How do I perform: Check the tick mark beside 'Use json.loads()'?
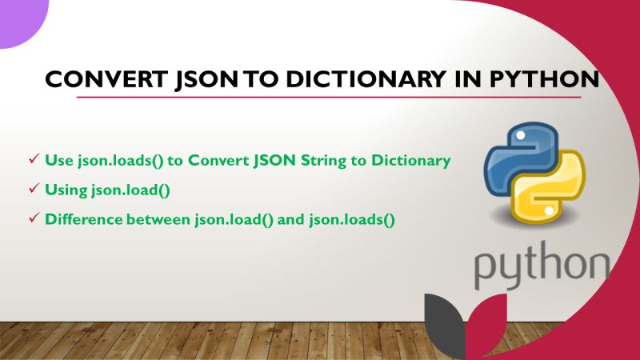(34, 160)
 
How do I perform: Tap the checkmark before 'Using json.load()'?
(34, 189)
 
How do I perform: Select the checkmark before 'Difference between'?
(34, 218)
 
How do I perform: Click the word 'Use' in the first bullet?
(58, 161)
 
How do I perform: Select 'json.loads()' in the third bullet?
(352, 218)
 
